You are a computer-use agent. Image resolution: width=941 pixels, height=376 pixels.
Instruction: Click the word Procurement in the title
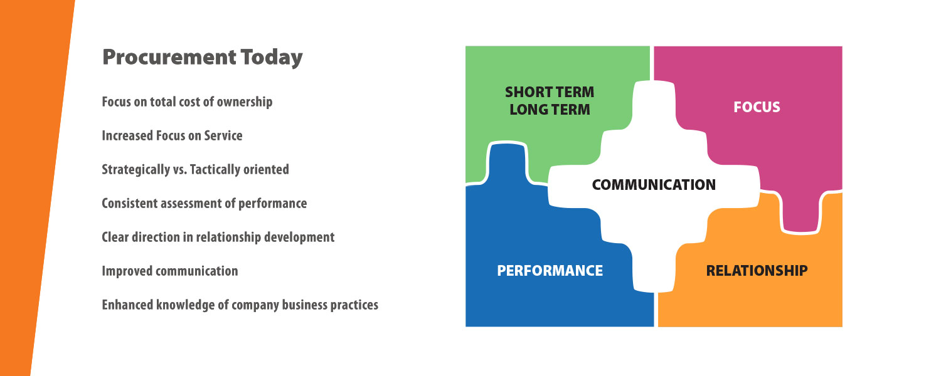[x=169, y=57]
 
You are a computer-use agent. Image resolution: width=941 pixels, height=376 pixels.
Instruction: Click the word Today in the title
[x=272, y=58]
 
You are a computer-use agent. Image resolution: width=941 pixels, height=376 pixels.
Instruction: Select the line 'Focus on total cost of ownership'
[x=187, y=102]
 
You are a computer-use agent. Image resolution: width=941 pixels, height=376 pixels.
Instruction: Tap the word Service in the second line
[x=223, y=135]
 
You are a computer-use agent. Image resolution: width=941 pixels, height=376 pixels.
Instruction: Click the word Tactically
[x=215, y=170]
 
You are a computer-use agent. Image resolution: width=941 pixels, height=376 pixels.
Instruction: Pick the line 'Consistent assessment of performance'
[x=204, y=204]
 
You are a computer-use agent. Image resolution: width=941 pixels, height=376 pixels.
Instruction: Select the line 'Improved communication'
[x=170, y=271]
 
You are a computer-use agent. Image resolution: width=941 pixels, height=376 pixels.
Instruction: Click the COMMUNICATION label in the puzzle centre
[x=654, y=185]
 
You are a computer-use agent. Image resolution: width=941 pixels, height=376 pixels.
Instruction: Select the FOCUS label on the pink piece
[x=757, y=107]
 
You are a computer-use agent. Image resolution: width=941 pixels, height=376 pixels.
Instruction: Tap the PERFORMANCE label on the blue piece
[x=550, y=271]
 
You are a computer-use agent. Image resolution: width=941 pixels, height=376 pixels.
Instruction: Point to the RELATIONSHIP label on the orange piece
[x=757, y=271]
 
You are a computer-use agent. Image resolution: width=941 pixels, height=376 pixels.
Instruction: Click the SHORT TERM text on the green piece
[x=550, y=92]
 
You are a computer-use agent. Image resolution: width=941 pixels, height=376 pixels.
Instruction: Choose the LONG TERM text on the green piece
[x=550, y=110]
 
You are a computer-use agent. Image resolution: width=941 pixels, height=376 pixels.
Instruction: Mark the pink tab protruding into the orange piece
[x=800, y=212]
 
